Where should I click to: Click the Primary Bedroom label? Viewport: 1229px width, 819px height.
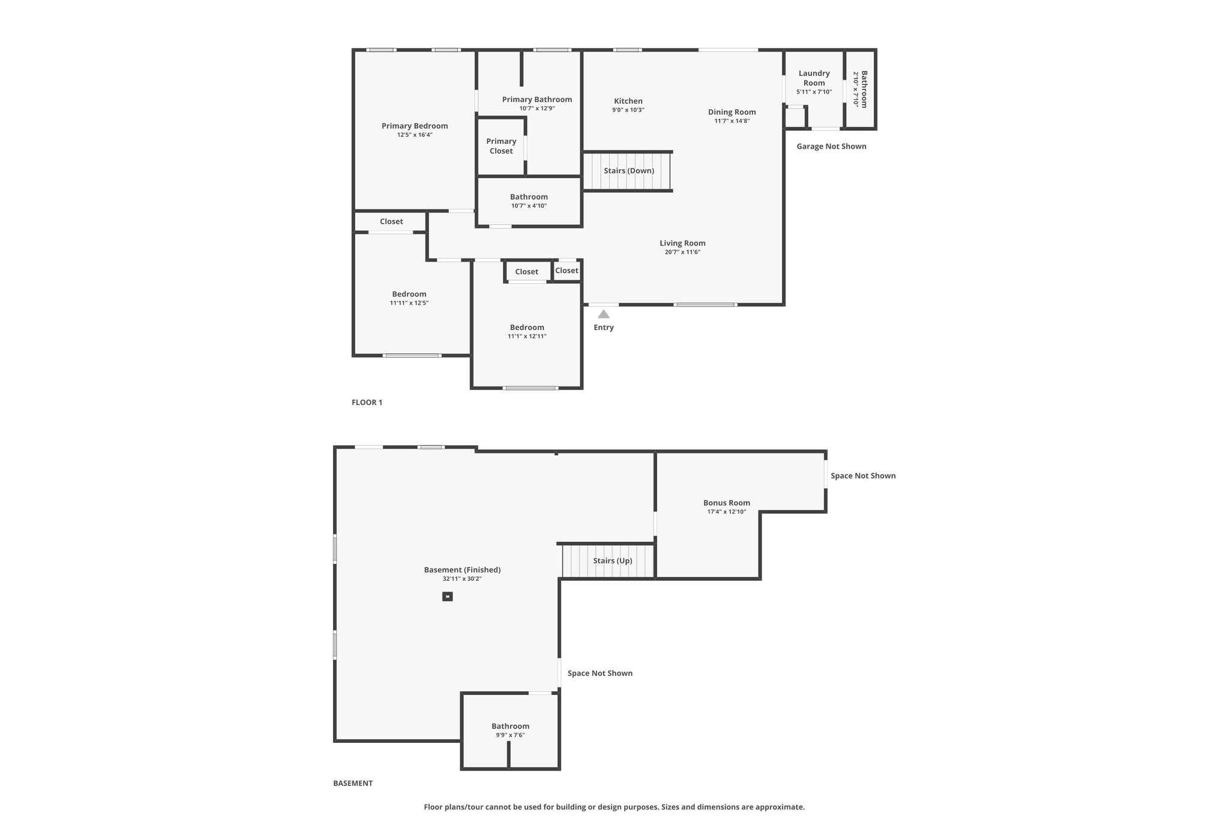[x=415, y=126]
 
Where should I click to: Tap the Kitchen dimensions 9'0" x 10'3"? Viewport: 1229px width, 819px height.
[x=628, y=110]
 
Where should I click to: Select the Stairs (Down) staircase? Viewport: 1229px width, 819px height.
[x=628, y=171]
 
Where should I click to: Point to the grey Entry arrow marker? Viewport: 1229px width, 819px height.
[x=604, y=314]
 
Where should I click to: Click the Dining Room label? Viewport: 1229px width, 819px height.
[x=732, y=112]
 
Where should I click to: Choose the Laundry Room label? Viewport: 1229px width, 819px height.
[x=814, y=78]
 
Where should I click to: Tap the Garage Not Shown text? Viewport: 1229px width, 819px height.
[x=832, y=146]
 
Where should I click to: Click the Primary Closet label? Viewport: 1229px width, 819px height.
[x=501, y=146]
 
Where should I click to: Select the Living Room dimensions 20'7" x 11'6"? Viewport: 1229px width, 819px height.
[x=682, y=252]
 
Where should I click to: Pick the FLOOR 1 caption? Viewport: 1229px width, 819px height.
[x=367, y=403]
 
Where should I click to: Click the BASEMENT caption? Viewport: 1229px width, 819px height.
[x=353, y=783]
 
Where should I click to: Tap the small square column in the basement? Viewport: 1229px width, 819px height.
[x=447, y=596]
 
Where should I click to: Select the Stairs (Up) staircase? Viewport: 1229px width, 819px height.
[x=608, y=561]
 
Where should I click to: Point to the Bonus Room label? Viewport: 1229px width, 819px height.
[x=727, y=503]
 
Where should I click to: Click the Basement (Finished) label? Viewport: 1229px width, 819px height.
[x=462, y=570]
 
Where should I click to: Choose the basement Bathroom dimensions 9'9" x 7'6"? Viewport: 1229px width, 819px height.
[x=510, y=735]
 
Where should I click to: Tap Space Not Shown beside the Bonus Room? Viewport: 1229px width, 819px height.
[x=863, y=476]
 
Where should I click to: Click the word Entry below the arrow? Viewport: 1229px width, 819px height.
[x=604, y=328]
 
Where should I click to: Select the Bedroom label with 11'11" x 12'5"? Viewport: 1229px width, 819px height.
[x=409, y=294]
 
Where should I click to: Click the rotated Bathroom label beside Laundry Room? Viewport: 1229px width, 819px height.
[x=864, y=89]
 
